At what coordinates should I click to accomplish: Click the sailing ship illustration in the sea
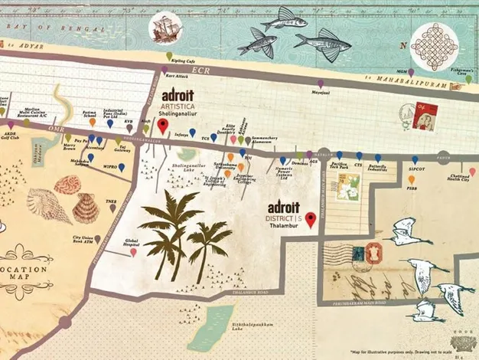pos(164,30)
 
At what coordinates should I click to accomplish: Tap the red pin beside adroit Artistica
pos(161,126)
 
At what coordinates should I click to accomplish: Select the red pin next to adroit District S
pos(310,221)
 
